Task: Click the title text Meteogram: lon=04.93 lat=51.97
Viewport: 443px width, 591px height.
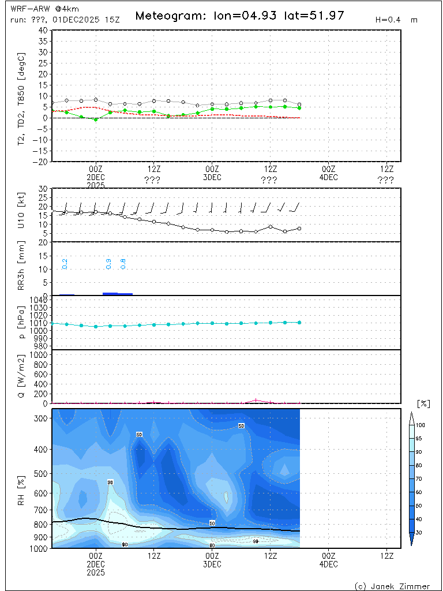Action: tap(239, 16)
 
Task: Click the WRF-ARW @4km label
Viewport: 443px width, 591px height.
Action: tap(37, 9)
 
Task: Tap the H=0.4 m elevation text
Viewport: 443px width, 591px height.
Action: tap(396, 20)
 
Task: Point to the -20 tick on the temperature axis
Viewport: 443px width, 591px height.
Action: tap(42, 162)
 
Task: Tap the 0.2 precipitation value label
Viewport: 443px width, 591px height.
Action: tap(65, 264)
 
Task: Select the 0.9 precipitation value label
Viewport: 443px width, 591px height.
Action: tap(108, 264)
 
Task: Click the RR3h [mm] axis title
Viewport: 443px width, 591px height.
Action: tap(22, 268)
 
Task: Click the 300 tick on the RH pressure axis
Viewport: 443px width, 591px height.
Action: tap(42, 418)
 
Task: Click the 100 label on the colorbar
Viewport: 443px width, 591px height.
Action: tap(420, 425)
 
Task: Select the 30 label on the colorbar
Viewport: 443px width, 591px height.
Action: tap(420, 533)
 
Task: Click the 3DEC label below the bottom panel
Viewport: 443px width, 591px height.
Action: tap(212, 564)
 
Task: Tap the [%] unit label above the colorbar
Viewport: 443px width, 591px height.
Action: tap(423, 403)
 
